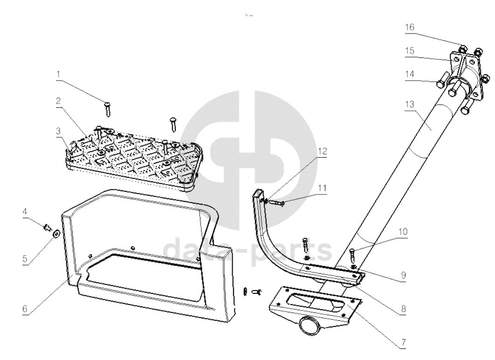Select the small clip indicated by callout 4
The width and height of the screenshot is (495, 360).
pyautogui.click(x=46, y=227)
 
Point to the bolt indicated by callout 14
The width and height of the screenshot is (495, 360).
pyautogui.click(x=441, y=84)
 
